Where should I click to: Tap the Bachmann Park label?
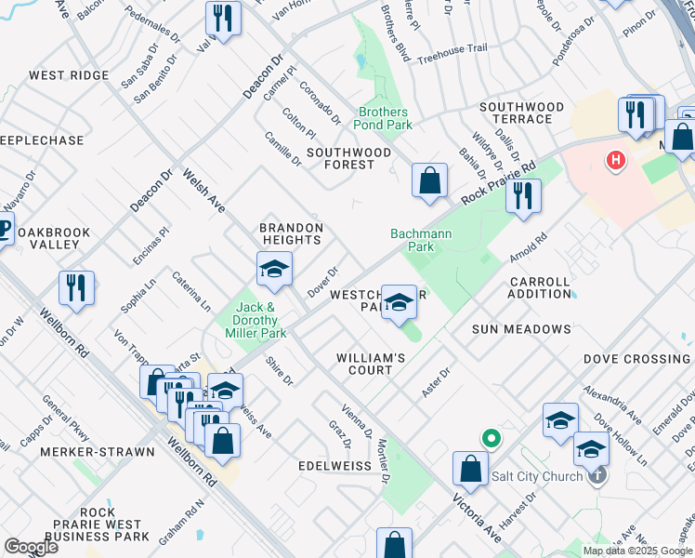coord(413,241)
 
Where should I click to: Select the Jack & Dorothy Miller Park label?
coord(256,320)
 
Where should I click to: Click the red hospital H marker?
coord(615,161)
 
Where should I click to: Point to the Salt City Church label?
coord(537,476)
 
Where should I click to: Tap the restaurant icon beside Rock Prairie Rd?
coord(524,196)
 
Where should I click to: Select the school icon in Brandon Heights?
coord(275,270)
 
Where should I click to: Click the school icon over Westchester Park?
coord(399,301)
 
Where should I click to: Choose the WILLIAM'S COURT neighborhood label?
coord(371,364)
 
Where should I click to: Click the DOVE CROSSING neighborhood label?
coord(636,359)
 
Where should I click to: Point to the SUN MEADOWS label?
coord(520,329)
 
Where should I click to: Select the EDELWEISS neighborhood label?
coord(334,464)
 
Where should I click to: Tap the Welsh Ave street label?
coord(203,190)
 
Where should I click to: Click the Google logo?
coord(31,546)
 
